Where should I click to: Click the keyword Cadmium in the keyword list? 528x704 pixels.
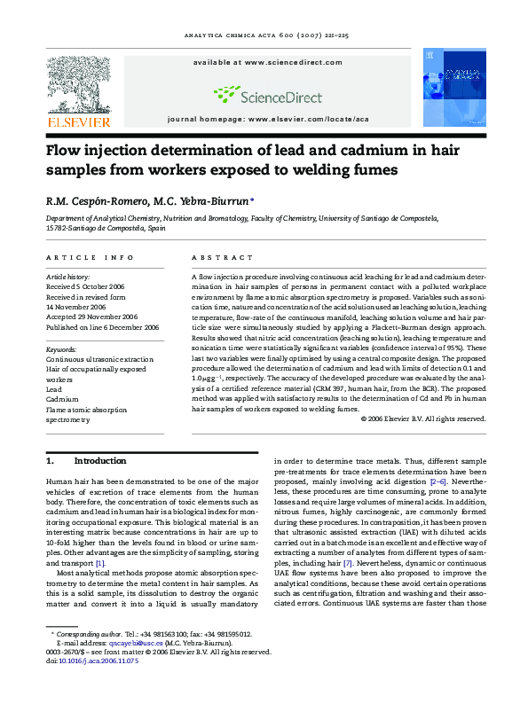[x=62, y=399]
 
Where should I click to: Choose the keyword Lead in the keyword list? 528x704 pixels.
[x=54, y=389]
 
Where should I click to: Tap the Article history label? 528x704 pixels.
[x=69, y=278]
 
